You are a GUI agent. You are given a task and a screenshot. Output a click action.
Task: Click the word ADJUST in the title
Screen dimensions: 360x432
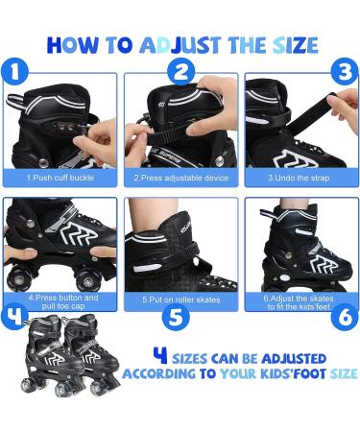click(x=180, y=45)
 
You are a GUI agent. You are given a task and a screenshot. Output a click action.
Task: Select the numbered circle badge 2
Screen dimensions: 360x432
click(x=180, y=72)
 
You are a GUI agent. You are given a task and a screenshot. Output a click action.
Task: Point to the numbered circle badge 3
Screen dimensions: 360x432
click(x=345, y=71)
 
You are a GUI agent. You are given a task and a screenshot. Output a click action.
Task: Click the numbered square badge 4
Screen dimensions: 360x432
click(x=14, y=317)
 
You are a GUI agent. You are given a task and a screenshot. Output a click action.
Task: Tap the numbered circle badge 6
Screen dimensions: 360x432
click(x=345, y=317)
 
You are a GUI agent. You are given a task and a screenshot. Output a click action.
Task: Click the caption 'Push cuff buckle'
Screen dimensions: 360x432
click(x=60, y=178)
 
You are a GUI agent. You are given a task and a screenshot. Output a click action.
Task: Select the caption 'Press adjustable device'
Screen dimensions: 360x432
click(x=181, y=178)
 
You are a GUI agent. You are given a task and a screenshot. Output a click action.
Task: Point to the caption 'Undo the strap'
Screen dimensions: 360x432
click(x=299, y=178)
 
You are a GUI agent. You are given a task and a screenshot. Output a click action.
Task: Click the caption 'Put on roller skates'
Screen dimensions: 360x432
click(x=181, y=300)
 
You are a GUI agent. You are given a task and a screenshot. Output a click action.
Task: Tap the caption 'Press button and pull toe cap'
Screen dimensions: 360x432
click(x=63, y=301)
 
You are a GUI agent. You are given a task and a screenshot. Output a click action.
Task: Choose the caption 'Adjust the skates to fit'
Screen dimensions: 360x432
click(x=299, y=302)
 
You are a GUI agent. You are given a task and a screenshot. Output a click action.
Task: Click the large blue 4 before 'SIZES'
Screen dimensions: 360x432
click(x=160, y=355)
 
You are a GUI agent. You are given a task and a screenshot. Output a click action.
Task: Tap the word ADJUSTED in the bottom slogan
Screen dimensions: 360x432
click(x=294, y=359)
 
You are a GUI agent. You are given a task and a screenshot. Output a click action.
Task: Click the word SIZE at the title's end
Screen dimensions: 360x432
click(x=295, y=45)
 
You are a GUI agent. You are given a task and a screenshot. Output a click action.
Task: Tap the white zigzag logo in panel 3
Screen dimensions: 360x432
click(x=295, y=158)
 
